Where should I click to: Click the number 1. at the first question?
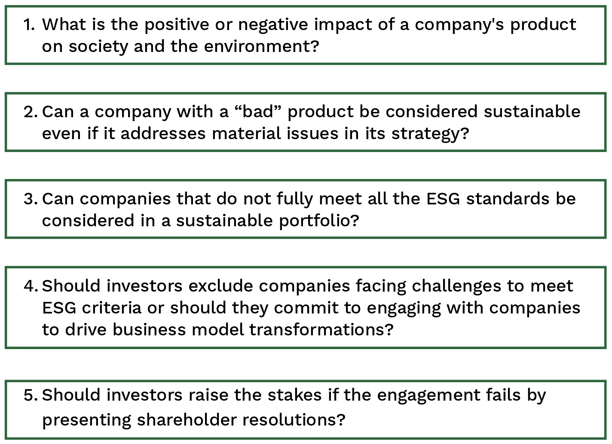tap(29, 25)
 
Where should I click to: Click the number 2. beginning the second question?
tap(31, 112)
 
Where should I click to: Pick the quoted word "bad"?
tap(258, 112)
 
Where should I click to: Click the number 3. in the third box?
tap(31, 199)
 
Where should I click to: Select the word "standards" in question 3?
tap(508, 199)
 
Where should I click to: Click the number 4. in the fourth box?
tap(31, 286)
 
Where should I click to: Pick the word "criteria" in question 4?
tap(111, 308)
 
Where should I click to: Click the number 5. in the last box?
tap(31, 395)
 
